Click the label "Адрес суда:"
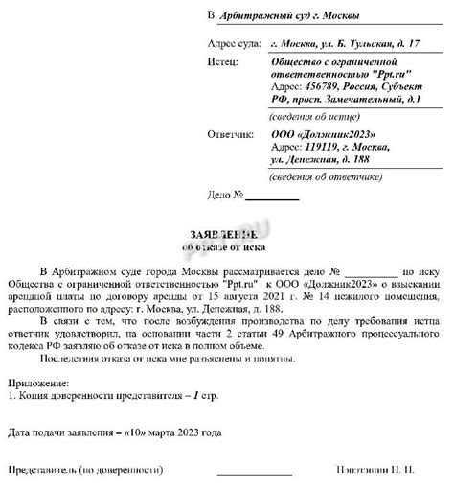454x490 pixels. click(235, 44)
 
